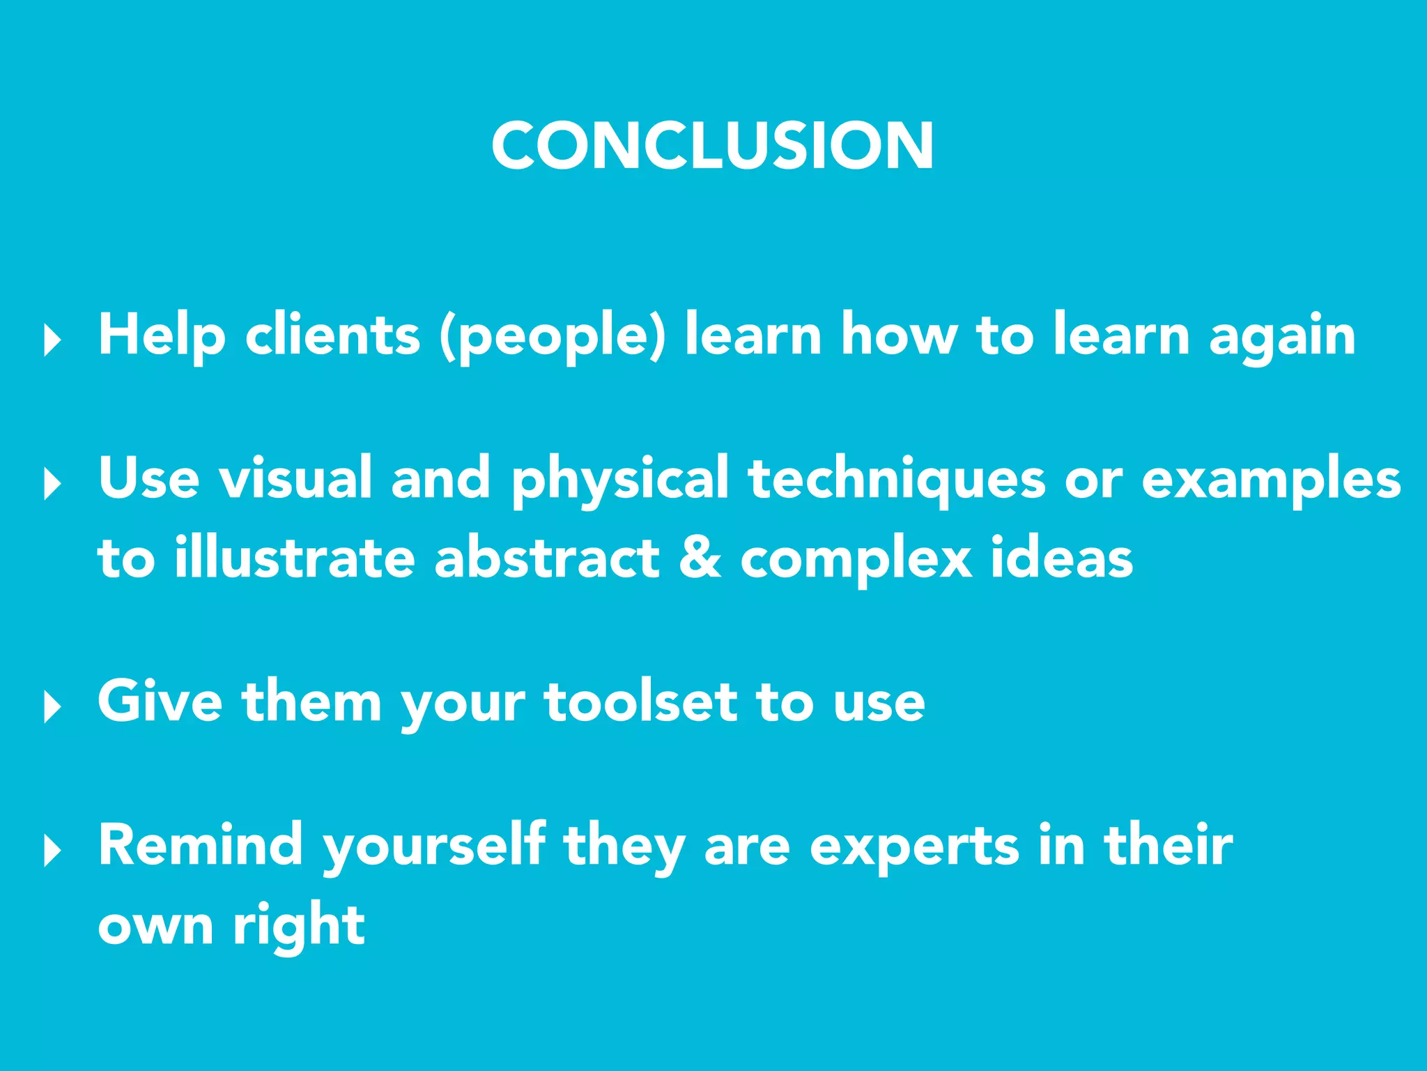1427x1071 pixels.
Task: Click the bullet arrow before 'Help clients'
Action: (52, 340)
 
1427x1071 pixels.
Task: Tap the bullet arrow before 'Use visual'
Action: (52, 483)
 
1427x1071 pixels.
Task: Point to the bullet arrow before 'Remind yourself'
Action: (52, 850)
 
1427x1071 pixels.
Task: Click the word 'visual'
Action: (295, 478)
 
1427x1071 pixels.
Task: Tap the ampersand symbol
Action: (700, 558)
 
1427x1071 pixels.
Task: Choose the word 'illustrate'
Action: (295, 558)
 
